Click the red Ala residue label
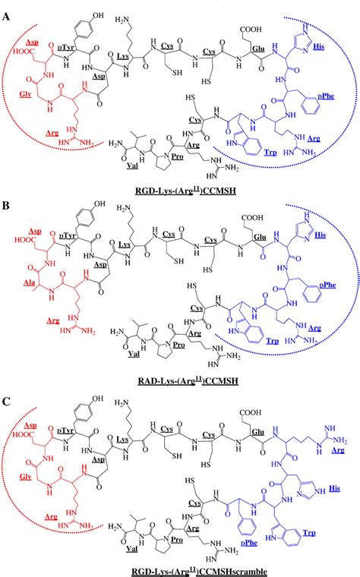33,282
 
